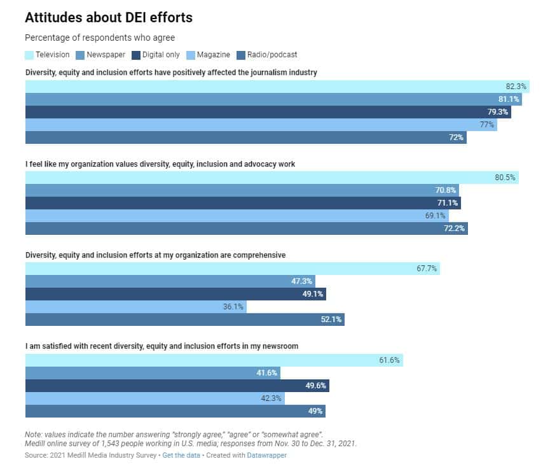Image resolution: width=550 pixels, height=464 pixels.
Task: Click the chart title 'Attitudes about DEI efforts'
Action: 109,18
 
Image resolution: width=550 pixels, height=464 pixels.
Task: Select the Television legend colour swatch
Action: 29,55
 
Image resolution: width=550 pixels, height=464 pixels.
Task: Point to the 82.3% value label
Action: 516,87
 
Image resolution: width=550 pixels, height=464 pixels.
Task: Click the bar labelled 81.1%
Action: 273,99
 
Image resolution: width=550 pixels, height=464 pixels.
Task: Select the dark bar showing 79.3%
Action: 268,112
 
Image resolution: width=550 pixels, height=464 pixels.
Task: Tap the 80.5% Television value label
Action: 505,178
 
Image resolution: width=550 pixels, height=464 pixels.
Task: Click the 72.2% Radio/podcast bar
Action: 246,228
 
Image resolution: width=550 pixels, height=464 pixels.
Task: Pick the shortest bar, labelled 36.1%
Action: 135,307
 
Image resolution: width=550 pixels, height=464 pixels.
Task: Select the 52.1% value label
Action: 331,320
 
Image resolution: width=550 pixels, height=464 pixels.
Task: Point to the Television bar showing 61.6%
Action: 214,360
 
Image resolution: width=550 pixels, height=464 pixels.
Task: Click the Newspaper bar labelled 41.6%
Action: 153,373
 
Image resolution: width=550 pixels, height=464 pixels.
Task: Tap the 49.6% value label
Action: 316,386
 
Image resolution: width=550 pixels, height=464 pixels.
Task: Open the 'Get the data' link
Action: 181,455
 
